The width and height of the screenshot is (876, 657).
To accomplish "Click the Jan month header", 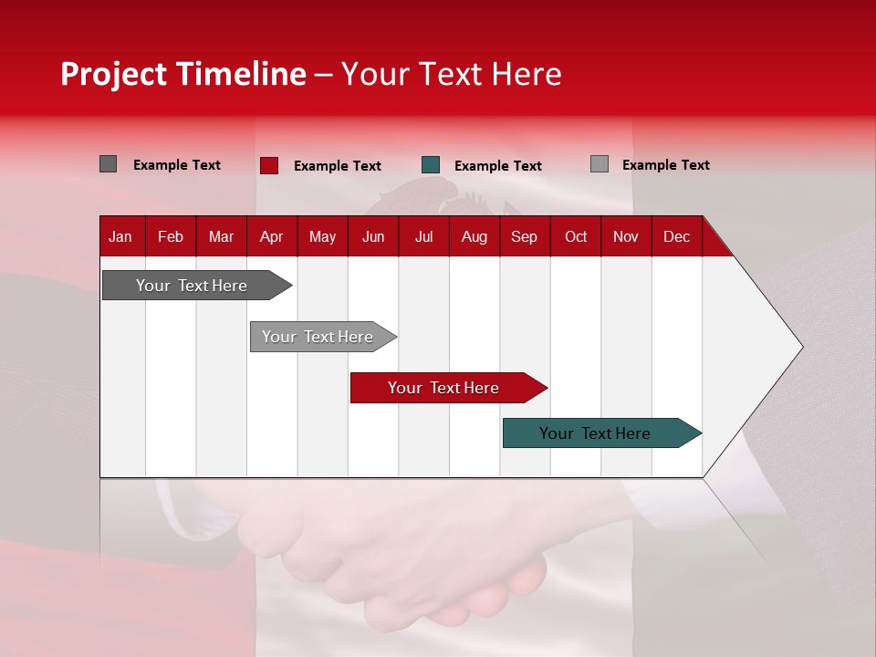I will (120, 236).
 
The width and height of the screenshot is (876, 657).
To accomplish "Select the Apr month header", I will (271, 236).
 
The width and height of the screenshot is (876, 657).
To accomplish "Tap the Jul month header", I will (423, 236).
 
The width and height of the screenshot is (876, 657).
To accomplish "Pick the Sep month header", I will (524, 236).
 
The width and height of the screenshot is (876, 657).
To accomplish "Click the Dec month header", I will (676, 236).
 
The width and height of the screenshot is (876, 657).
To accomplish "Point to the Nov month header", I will (625, 236).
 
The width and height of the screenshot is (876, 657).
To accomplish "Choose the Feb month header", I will (171, 236).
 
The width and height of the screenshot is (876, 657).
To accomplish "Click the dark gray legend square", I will (108, 164).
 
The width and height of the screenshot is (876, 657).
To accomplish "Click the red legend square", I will (268, 165).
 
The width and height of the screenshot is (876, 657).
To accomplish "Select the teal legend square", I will (431, 165).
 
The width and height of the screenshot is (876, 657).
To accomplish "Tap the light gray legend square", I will (599, 164).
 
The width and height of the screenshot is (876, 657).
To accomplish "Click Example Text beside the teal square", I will (497, 166).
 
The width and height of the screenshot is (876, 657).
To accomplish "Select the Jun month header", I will (372, 236).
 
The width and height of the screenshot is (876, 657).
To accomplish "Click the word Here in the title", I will (526, 74).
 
